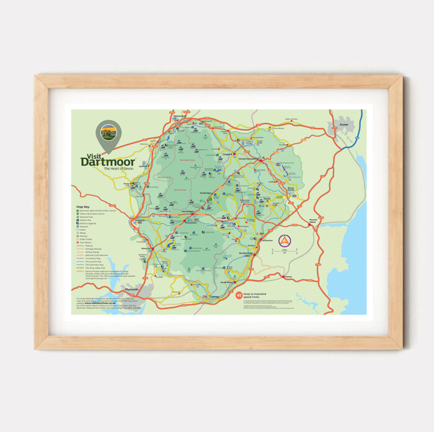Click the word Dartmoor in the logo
click(107, 162)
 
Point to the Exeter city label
click(344, 125)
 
